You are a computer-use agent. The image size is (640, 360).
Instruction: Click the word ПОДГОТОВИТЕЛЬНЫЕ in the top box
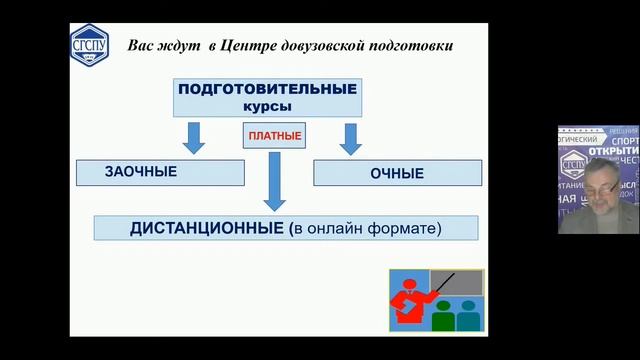tap(267, 89)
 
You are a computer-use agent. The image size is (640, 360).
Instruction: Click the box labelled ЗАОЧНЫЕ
tap(159, 172)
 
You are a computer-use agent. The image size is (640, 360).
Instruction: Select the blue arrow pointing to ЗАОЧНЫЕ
tap(195, 137)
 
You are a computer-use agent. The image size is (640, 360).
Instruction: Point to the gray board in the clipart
tap(455, 282)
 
